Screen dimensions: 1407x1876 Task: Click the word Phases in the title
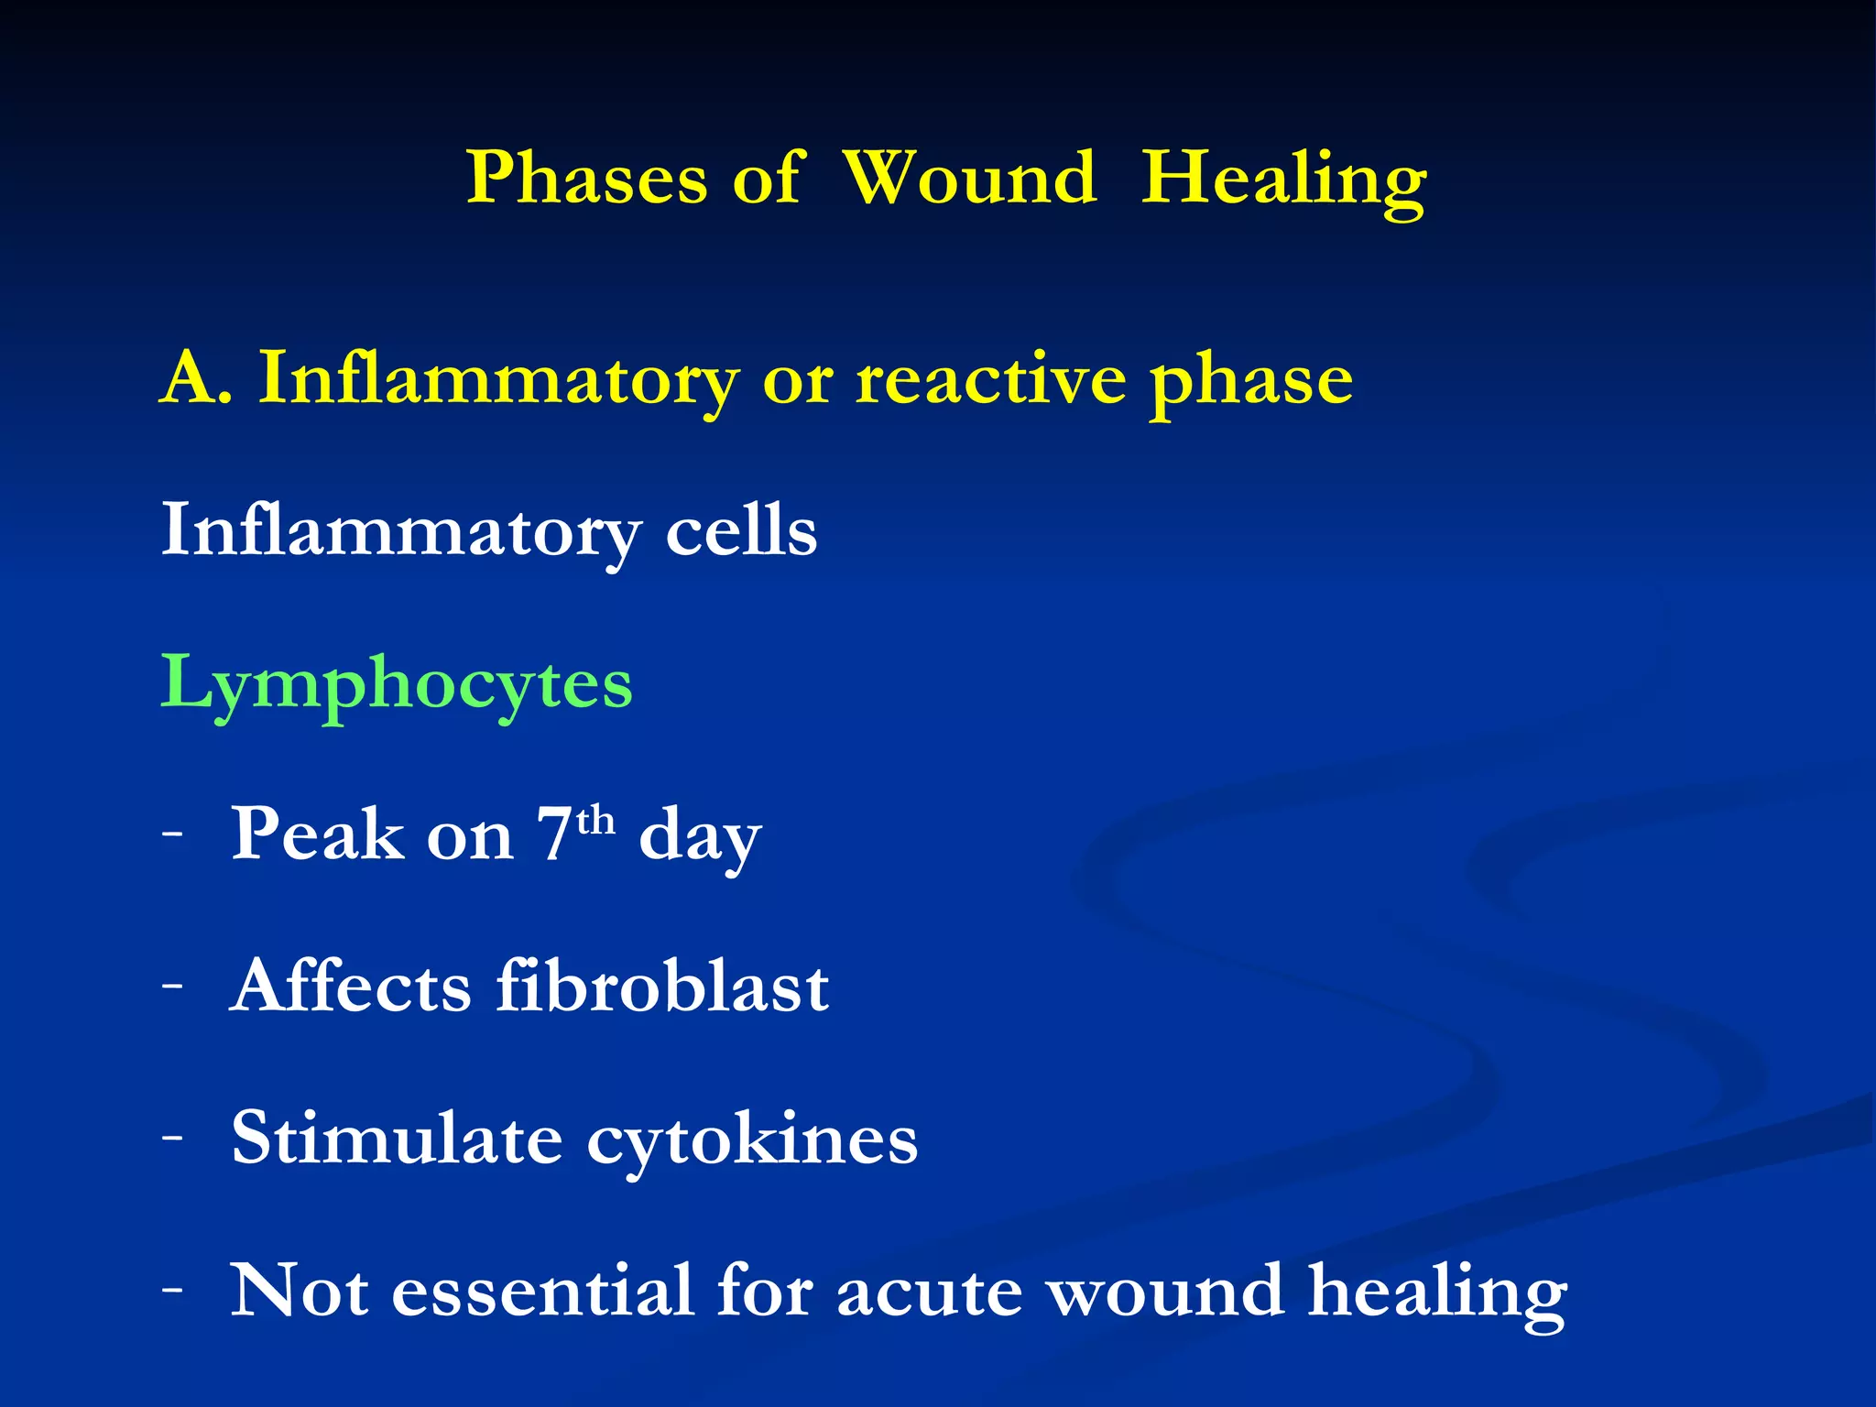coord(586,179)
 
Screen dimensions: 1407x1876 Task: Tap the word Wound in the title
coord(968,179)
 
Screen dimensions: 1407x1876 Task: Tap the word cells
coord(740,531)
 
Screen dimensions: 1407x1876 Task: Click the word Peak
coord(317,834)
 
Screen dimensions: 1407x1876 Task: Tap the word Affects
coord(351,987)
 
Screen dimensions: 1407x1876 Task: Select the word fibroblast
coord(662,987)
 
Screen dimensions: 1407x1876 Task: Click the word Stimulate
coord(397,1139)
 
